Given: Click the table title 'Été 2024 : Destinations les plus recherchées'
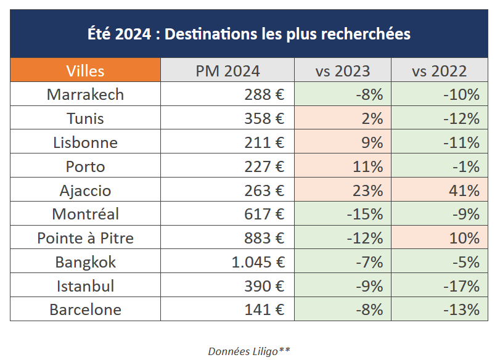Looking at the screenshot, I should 249,33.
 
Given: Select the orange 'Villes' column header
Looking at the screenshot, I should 85,70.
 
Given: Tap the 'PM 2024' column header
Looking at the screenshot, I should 227,70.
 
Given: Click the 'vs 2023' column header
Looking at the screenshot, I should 343,70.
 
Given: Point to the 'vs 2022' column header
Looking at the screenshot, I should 440,70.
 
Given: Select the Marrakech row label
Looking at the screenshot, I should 85,94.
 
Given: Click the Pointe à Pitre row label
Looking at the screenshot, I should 85,238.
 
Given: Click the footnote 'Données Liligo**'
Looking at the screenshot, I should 249,351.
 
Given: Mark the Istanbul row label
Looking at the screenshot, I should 85,286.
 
